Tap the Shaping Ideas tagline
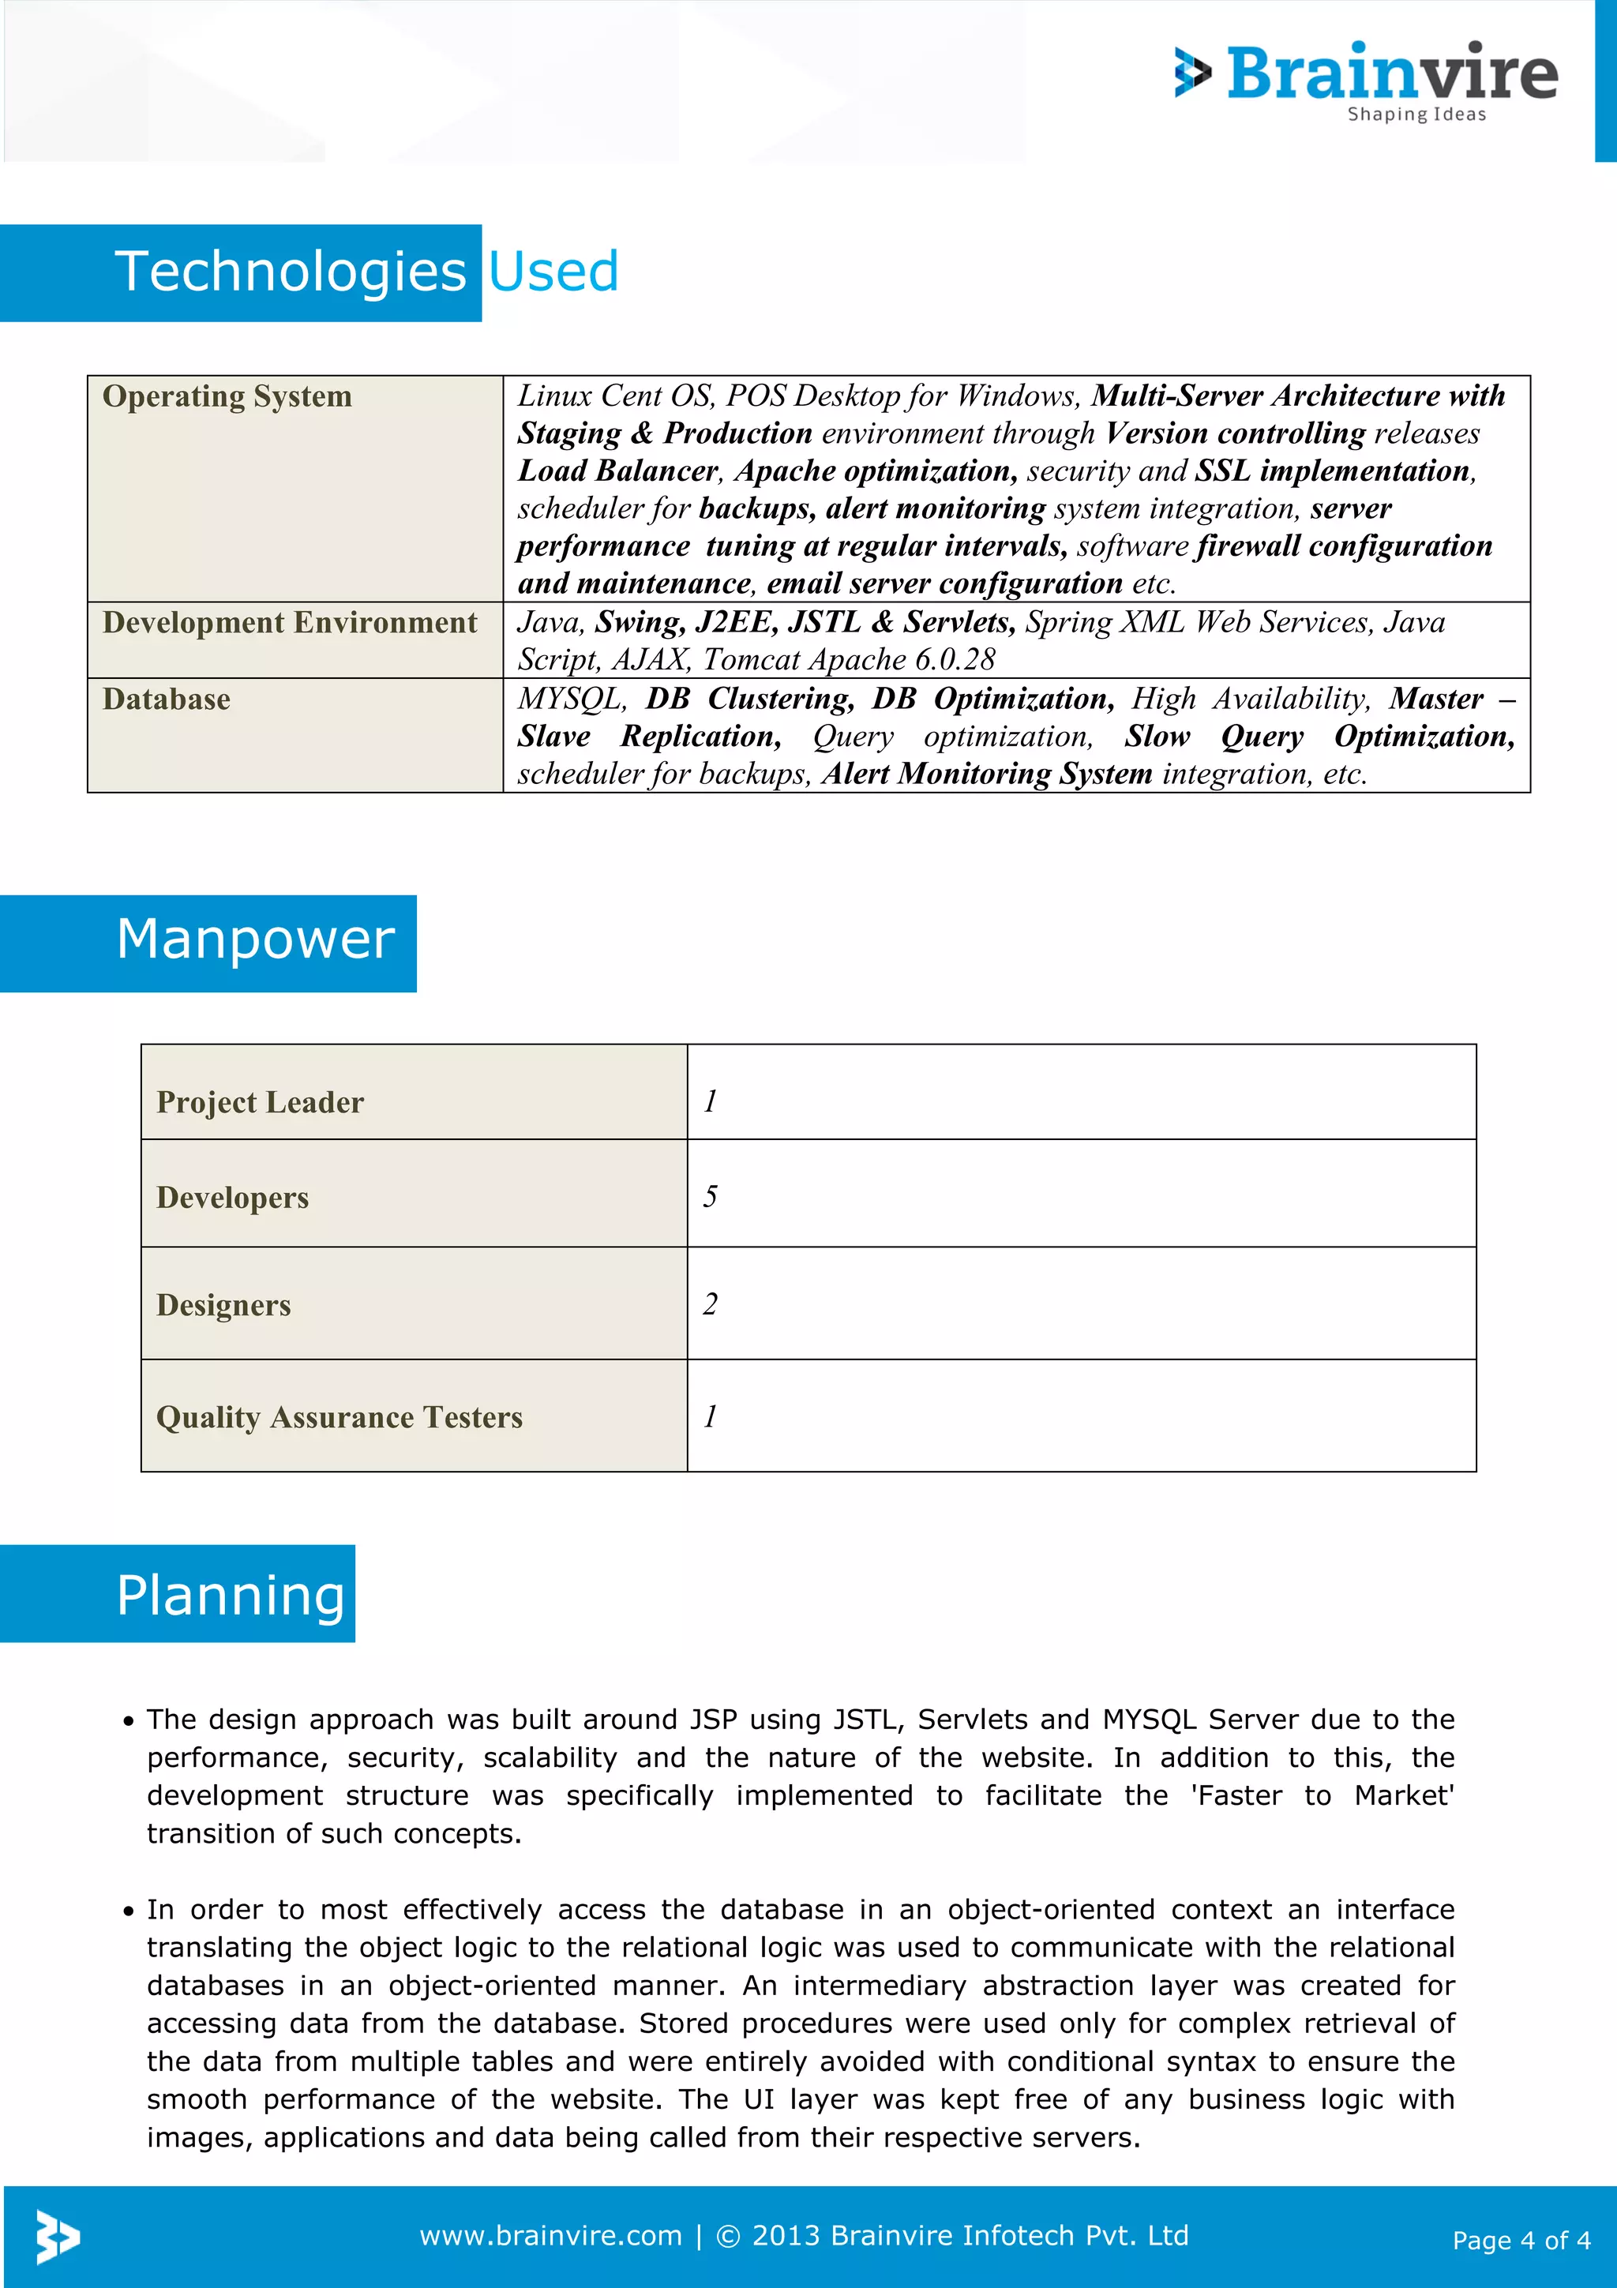pos(1416,114)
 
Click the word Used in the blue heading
pos(553,272)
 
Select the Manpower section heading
pos(255,939)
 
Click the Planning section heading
pos(230,1596)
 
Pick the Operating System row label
pos(227,396)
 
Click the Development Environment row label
pos(290,623)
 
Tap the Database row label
pos(167,700)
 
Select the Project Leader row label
pos(260,1102)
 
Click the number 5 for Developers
pos(709,1196)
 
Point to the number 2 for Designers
pos(709,1303)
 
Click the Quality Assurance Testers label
pos(339,1417)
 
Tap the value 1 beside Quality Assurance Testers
pos(709,1416)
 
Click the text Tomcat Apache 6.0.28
pos(849,660)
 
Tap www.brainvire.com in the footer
pos(550,2236)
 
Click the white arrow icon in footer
pos(57,2237)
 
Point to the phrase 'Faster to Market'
pos(1321,1795)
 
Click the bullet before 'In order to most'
pos(129,1911)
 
